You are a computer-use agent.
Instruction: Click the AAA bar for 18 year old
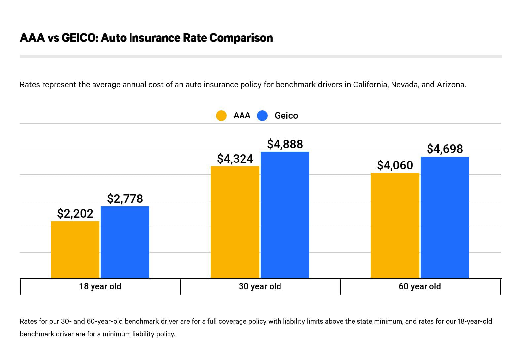(x=75, y=250)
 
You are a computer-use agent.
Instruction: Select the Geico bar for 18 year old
(x=125, y=242)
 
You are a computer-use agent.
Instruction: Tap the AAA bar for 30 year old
(x=235, y=222)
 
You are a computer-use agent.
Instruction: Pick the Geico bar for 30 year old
(x=285, y=215)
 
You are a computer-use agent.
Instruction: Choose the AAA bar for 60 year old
(x=395, y=226)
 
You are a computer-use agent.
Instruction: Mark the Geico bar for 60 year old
(x=445, y=217)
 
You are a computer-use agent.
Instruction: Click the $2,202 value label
(x=75, y=214)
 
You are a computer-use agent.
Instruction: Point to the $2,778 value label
(x=125, y=199)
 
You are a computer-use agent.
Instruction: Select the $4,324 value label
(x=235, y=159)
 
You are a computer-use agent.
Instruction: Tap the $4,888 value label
(x=285, y=144)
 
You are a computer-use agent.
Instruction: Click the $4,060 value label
(x=395, y=165)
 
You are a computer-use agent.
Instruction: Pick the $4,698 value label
(x=445, y=149)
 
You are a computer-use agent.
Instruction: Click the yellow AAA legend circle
(x=221, y=116)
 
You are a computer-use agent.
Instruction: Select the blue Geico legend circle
(x=262, y=116)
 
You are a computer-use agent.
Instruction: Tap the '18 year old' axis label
(x=100, y=286)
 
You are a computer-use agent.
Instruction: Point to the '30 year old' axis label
(x=260, y=286)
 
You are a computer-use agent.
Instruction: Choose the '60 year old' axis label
(x=420, y=286)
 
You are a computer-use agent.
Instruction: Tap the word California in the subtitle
(x=370, y=85)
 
